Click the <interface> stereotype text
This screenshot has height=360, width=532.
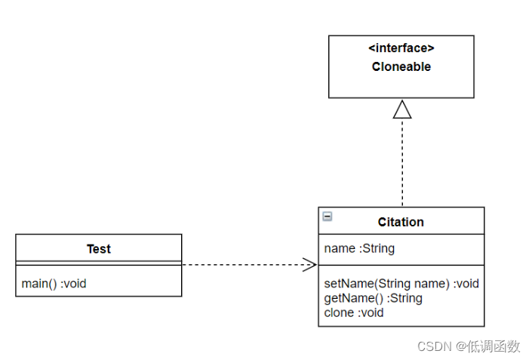401,48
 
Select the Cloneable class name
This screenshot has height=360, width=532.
401,66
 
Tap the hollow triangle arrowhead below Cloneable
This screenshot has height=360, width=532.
402,109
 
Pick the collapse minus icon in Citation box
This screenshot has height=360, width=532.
327,217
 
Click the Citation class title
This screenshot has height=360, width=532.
401,222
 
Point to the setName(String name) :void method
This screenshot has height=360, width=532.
401,284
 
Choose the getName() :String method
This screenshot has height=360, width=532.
373,298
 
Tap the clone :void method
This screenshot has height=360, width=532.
354,312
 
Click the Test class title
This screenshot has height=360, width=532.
99,249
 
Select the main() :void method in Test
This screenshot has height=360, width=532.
54,284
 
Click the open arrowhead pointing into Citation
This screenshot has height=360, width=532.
309,264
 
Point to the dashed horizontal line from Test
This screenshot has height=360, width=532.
241,264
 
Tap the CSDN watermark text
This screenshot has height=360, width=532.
435,346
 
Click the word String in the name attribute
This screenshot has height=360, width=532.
379,248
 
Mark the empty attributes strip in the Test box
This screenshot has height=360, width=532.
99,263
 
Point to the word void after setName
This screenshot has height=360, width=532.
467,284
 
